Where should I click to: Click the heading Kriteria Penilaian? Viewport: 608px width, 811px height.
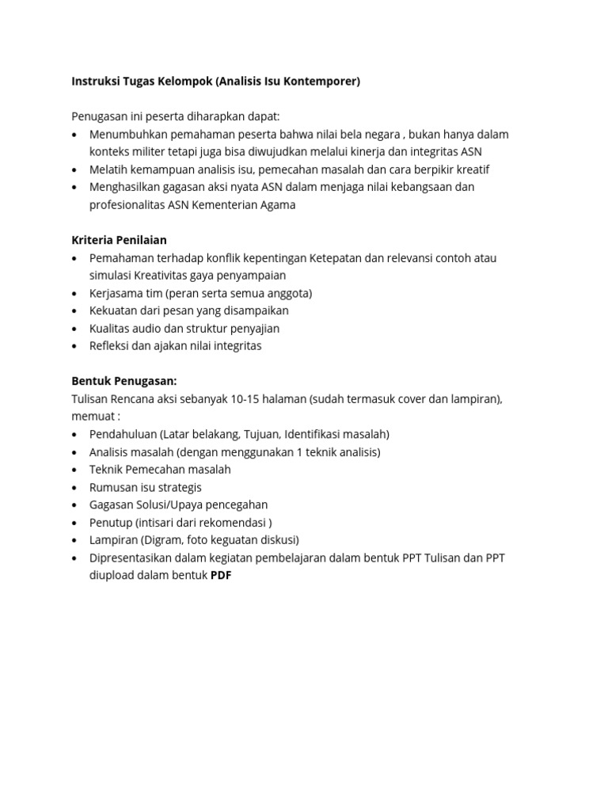119,240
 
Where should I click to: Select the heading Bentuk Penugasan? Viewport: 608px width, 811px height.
124,381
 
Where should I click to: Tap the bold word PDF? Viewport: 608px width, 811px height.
221,576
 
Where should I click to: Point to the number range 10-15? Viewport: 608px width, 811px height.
246,398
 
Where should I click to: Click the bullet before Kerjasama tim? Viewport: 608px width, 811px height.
75,293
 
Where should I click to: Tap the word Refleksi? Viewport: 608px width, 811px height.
112,346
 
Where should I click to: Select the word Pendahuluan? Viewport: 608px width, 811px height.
123,434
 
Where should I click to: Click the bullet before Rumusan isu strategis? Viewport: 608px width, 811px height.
75,487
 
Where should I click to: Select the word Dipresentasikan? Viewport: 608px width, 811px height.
134,558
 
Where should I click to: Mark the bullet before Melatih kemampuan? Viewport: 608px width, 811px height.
75,169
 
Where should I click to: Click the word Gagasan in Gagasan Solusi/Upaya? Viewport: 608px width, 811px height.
112,504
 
